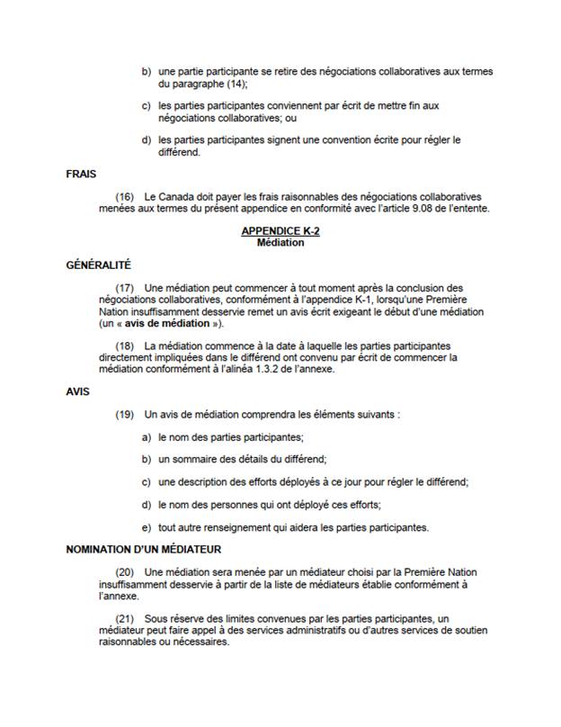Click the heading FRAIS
point(82,174)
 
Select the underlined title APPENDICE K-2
point(280,231)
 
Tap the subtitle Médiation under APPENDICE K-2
point(280,242)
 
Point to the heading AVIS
point(78,392)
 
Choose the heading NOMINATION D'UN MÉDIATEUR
point(144,549)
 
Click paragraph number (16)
point(126,196)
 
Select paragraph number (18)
point(126,346)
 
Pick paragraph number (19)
point(126,415)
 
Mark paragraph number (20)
point(126,572)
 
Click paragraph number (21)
point(126,620)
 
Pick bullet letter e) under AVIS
point(146,526)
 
